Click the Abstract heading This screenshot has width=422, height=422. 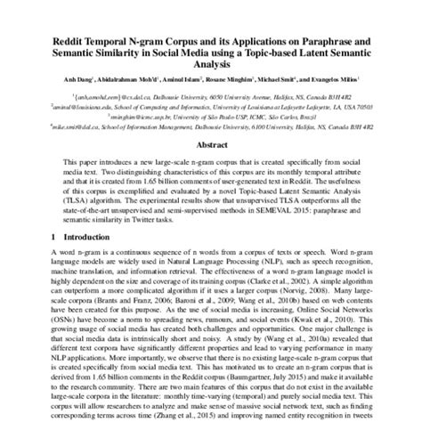coord(211,143)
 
